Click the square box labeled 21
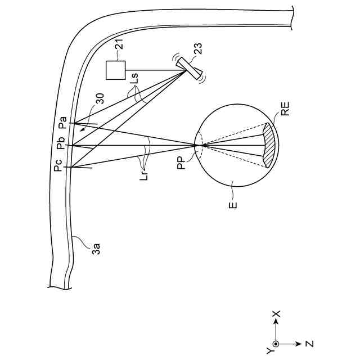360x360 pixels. point(116,70)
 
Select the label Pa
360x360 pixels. point(62,122)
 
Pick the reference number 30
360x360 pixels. point(99,101)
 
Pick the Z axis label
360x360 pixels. point(309,343)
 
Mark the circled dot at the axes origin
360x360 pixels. point(276,343)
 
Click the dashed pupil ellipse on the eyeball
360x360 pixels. point(199,146)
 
